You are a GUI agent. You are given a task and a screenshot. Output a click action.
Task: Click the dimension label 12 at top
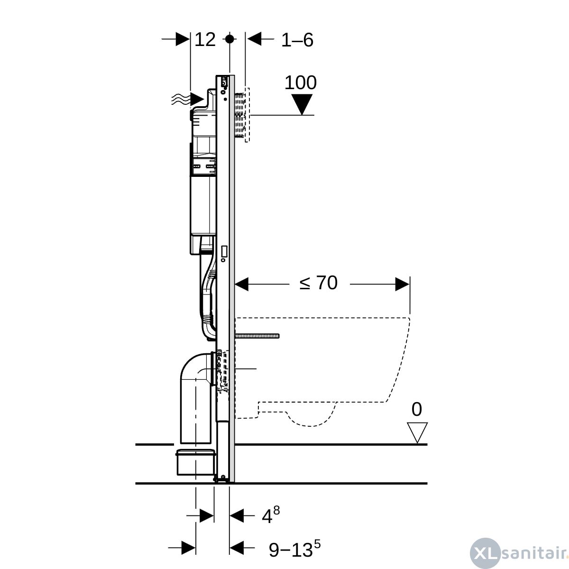click(x=205, y=39)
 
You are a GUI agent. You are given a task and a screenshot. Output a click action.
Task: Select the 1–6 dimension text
click(x=297, y=40)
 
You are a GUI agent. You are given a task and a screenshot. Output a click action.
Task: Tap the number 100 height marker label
click(x=300, y=83)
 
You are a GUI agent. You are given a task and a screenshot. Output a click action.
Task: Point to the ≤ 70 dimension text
click(x=318, y=283)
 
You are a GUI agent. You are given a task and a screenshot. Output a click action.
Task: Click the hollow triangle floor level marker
click(x=417, y=432)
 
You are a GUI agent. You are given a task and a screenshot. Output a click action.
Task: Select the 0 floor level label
click(x=417, y=409)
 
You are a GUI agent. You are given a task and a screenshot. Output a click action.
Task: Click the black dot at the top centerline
click(x=229, y=39)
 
